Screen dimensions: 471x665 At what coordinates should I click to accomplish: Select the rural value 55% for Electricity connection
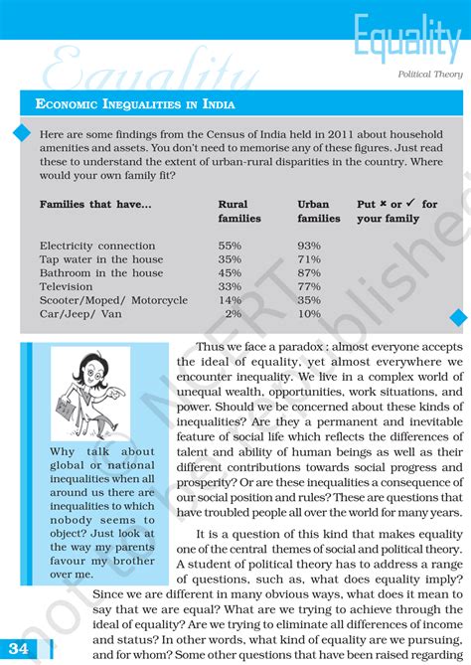pos(230,246)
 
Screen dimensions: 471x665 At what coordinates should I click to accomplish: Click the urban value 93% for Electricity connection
pos(309,246)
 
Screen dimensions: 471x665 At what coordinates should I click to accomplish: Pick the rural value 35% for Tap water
pos(230,259)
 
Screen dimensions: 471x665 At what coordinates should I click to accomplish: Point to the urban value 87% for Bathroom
pos(309,272)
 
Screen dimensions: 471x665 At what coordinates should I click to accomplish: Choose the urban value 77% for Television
pos(309,286)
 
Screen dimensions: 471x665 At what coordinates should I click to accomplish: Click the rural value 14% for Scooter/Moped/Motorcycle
pos(230,299)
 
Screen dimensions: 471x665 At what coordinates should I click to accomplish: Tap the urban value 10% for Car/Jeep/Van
pos(309,313)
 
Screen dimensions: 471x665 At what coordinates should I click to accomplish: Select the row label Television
pos(68,286)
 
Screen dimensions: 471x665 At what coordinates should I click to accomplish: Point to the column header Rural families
pos(238,211)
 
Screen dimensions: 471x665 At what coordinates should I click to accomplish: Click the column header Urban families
pos(318,211)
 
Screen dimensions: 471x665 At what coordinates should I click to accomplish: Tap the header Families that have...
pos(95,204)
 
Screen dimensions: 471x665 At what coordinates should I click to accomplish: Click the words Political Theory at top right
pos(429,74)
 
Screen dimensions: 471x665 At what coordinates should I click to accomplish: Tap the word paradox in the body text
pos(298,347)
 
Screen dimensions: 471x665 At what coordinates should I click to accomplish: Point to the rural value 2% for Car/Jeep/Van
pos(234,313)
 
